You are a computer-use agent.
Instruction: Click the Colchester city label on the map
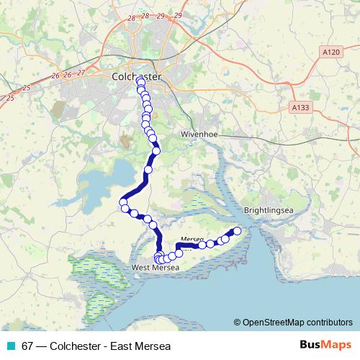(x=136, y=76)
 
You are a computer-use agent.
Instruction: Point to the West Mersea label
(x=153, y=269)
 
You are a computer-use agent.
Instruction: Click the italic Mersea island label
(x=192, y=238)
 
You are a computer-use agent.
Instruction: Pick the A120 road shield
(x=330, y=53)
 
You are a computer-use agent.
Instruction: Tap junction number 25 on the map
(x=10, y=97)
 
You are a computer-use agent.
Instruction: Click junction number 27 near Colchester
(x=81, y=73)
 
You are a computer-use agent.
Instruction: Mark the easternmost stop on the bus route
(x=237, y=230)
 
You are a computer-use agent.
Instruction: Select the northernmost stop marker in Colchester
(x=140, y=81)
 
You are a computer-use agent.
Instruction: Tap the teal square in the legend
(x=9, y=346)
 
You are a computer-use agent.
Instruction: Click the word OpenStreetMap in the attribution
(x=273, y=323)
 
